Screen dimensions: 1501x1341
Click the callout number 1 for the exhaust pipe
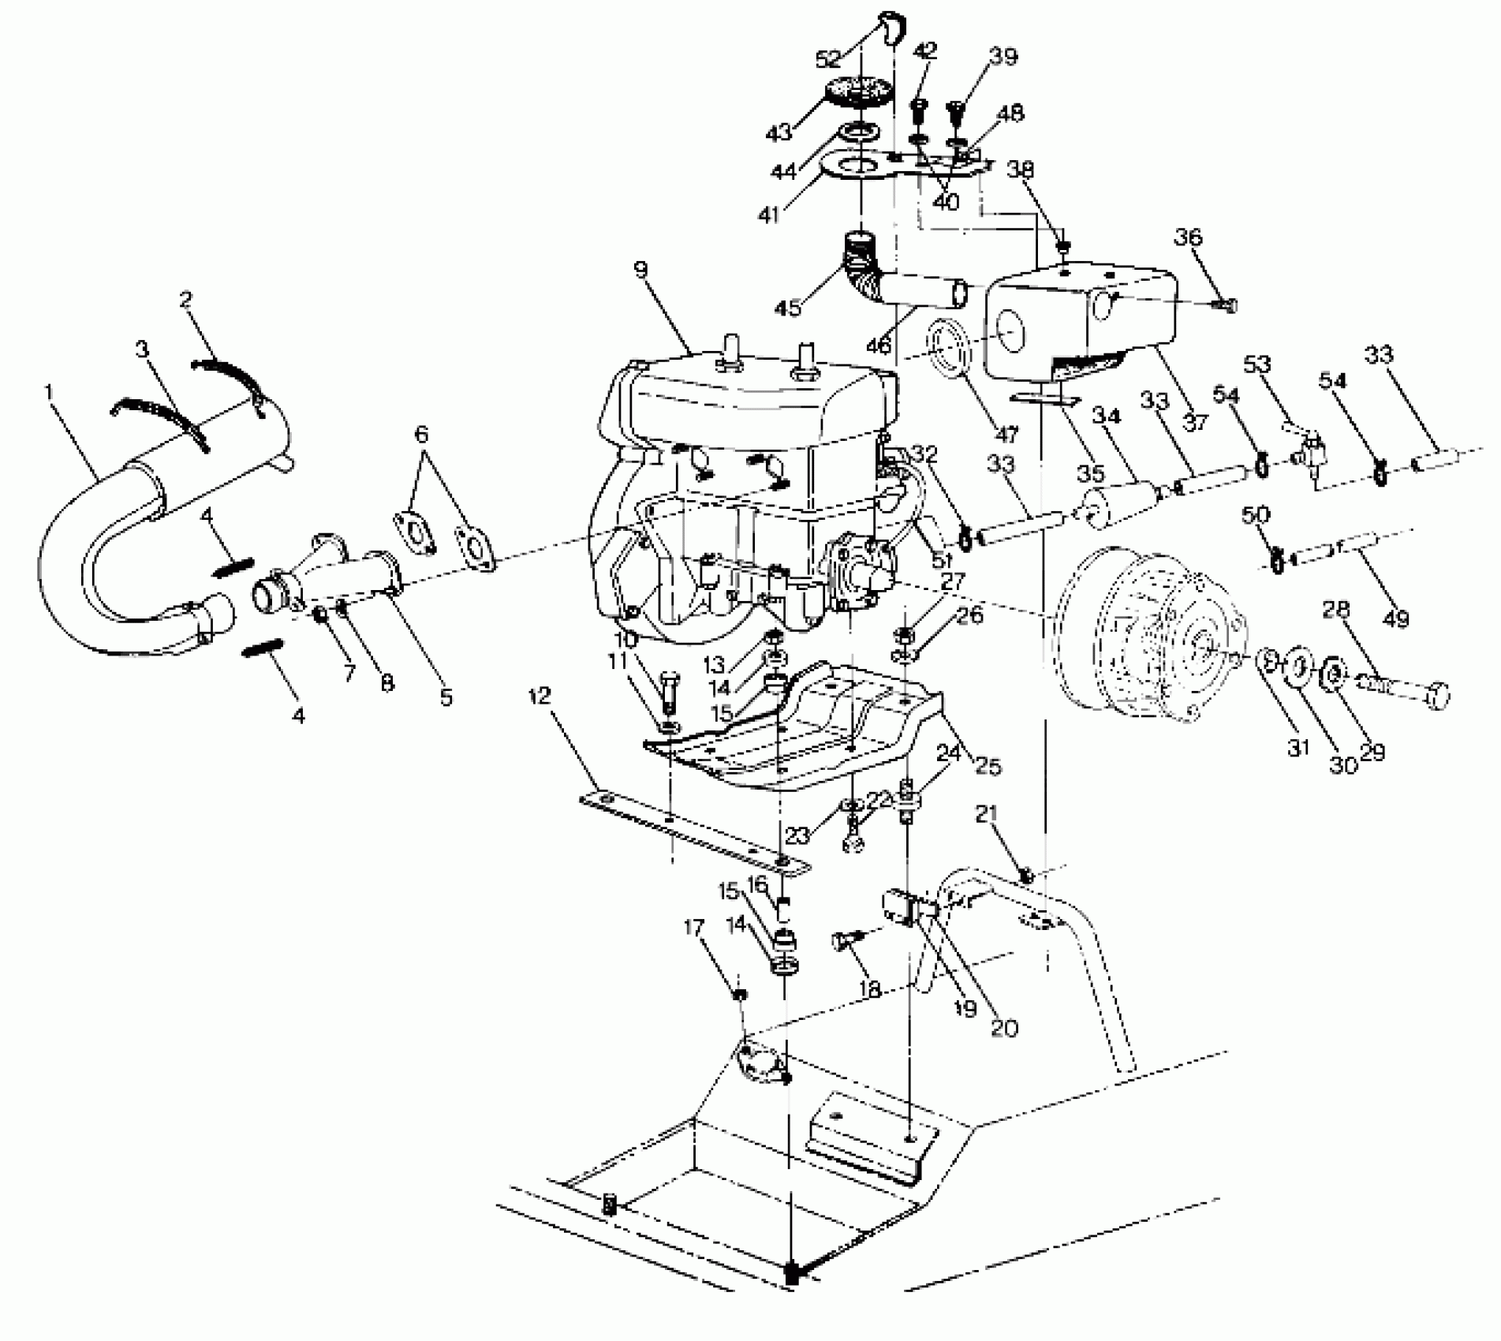point(49,392)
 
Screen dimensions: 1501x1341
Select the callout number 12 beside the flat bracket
point(541,696)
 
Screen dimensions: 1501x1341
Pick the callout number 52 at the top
point(828,59)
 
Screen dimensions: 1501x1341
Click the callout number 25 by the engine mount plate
point(988,764)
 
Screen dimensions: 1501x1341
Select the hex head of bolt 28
point(1439,695)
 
